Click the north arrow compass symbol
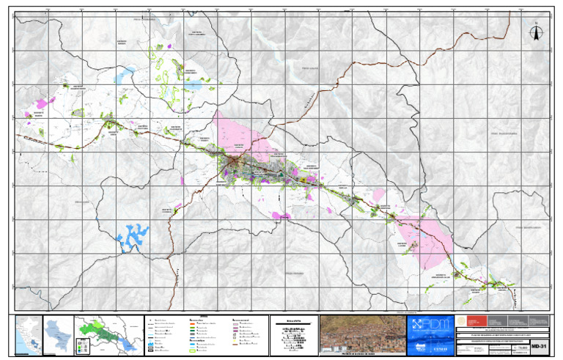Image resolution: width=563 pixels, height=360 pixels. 536,34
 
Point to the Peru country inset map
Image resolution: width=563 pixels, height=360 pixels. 28,336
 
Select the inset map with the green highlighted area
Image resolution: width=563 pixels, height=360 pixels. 106,336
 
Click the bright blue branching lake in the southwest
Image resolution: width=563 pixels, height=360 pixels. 132,235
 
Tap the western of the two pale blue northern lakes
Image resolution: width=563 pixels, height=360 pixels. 126,73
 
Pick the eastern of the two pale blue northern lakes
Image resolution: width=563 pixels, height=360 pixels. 194,84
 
